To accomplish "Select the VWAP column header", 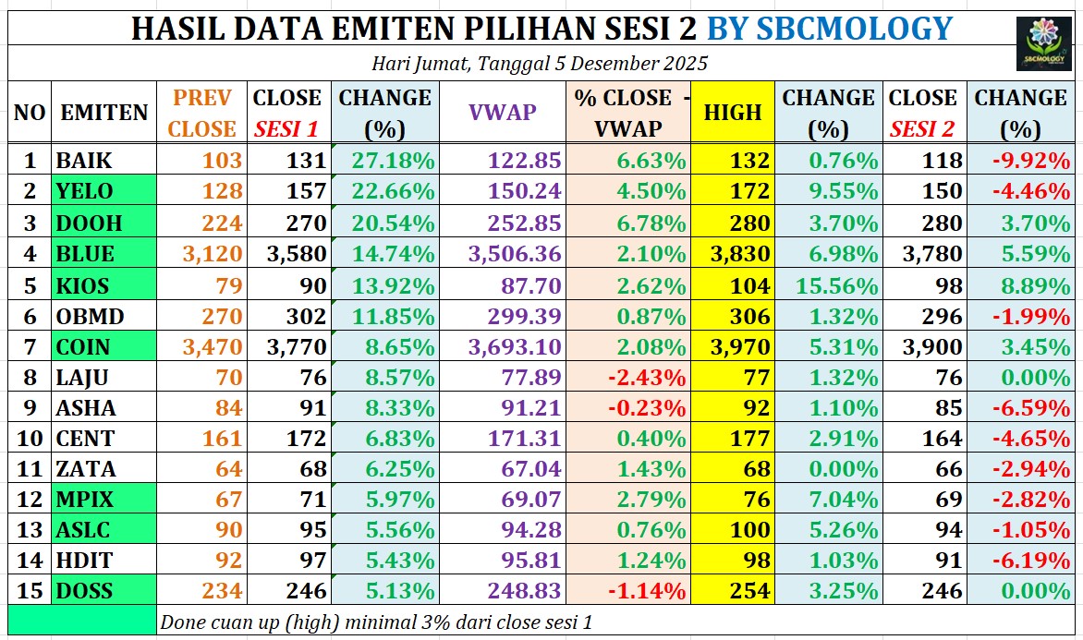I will [x=503, y=113].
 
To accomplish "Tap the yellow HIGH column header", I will [x=733, y=113].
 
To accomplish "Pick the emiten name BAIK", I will [x=84, y=161].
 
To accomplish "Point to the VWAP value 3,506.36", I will [x=515, y=254].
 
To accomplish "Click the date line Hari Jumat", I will [x=540, y=64].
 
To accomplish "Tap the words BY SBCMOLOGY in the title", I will [x=829, y=29].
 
